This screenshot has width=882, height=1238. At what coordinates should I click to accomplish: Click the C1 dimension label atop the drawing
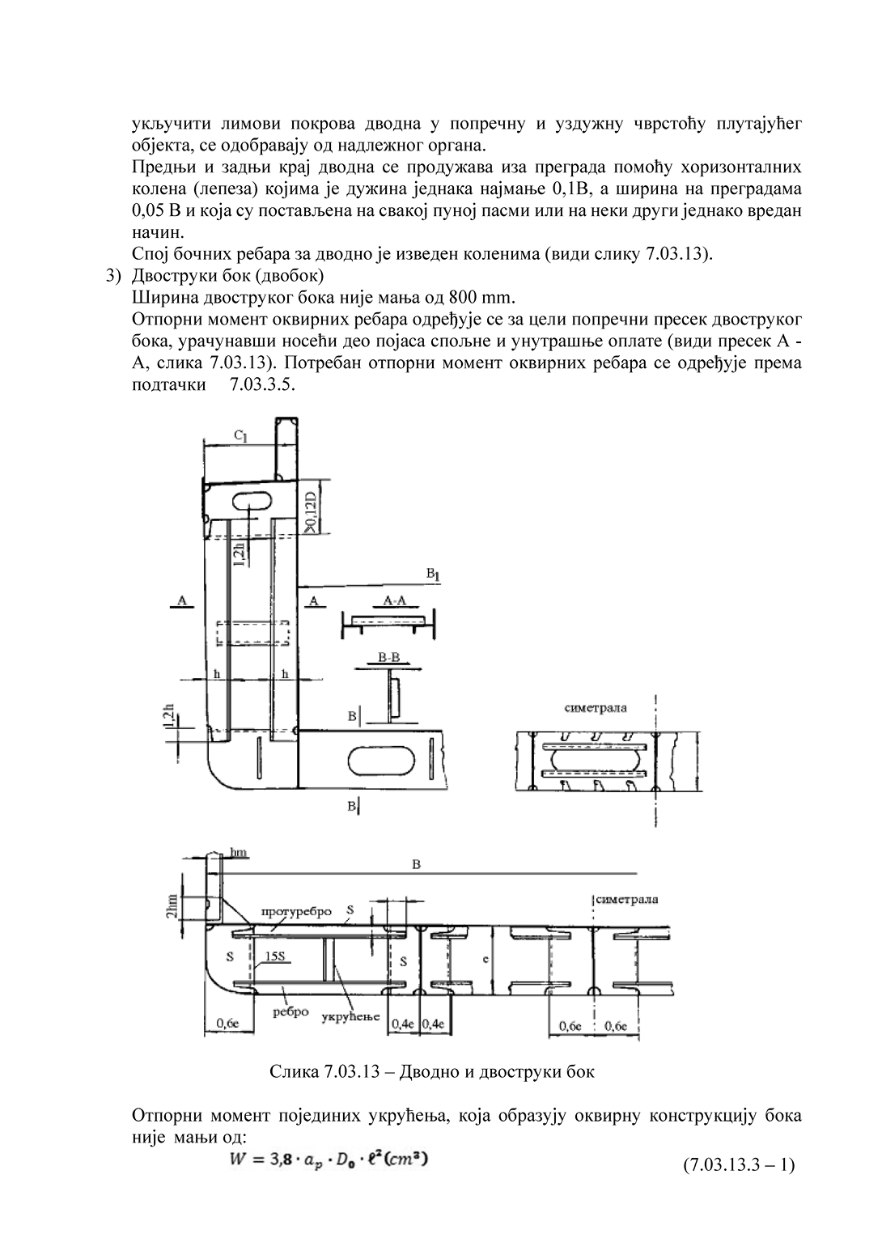click(x=240, y=436)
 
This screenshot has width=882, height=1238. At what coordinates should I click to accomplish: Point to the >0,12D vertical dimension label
click(x=312, y=508)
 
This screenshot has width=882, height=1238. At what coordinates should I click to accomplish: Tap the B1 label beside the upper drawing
click(x=433, y=574)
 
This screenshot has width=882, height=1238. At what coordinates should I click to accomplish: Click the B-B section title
click(x=389, y=658)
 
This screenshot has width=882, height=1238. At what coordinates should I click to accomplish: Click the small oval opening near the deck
click(x=253, y=502)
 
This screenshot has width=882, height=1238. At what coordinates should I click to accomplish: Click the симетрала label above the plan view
click(x=596, y=708)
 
